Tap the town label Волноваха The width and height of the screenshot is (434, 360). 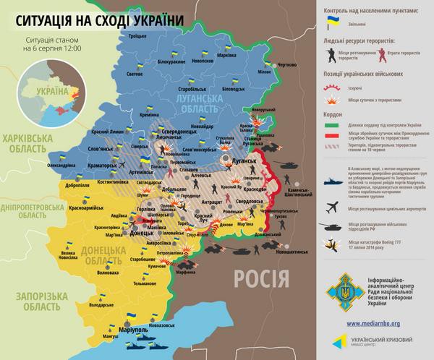pos(106,273)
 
